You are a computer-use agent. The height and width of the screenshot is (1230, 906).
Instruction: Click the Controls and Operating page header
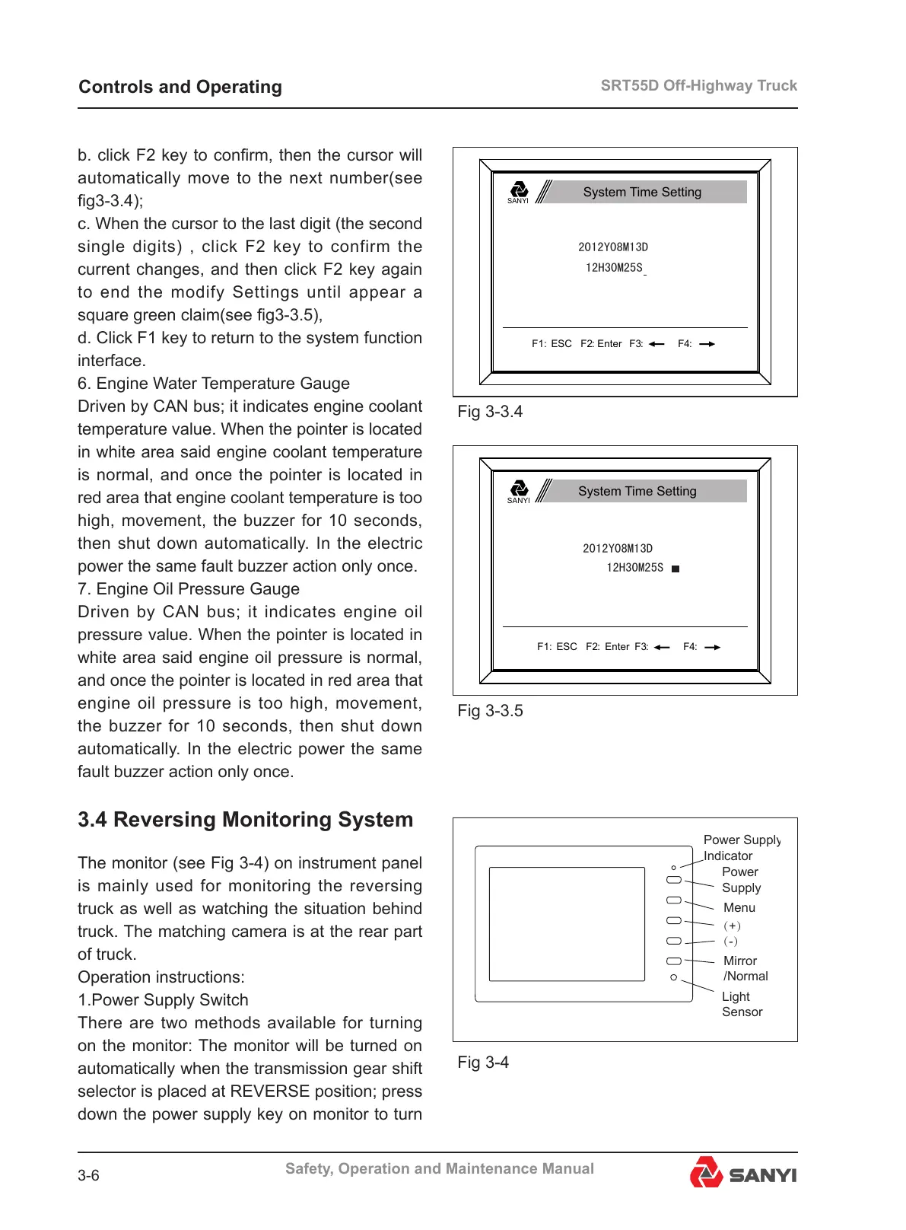[x=180, y=87]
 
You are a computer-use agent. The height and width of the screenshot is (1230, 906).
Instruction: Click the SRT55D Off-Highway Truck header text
[x=698, y=85]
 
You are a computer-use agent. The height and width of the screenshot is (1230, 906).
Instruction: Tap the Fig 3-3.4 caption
[x=490, y=412]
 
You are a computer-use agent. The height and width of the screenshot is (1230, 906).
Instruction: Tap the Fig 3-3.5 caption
[x=490, y=711]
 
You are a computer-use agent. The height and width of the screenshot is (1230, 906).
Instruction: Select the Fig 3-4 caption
[x=483, y=1063]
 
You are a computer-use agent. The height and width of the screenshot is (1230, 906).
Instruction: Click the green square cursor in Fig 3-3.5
[x=676, y=569]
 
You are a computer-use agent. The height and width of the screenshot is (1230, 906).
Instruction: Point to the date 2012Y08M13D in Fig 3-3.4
[x=613, y=247]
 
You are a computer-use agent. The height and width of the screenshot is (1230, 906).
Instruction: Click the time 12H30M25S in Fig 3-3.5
[x=634, y=568]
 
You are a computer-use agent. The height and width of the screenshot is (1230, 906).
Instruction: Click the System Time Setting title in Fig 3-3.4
[x=642, y=192]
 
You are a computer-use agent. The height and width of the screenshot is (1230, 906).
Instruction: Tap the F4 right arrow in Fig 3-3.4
[x=707, y=344]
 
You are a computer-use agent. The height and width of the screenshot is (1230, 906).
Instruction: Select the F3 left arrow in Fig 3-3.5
[x=662, y=647]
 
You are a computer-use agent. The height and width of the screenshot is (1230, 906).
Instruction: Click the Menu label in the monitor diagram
[x=739, y=907]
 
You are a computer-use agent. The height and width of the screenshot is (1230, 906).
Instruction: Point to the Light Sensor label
[x=741, y=1004]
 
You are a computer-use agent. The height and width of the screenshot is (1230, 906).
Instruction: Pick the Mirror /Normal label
[x=745, y=968]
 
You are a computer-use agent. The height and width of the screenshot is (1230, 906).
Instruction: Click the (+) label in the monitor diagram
[x=732, y=926]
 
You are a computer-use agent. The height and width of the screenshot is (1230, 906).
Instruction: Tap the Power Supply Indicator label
[x=740, y=847]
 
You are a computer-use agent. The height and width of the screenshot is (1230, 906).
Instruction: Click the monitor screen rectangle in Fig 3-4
[x=566, y=923]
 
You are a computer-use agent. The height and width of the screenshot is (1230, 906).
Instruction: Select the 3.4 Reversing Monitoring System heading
[x=245, y=820]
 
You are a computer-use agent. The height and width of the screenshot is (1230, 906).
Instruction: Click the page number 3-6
[x=88, y=1176]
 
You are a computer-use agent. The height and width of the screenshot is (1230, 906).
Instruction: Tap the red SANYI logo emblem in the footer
[x=706, y=1173]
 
